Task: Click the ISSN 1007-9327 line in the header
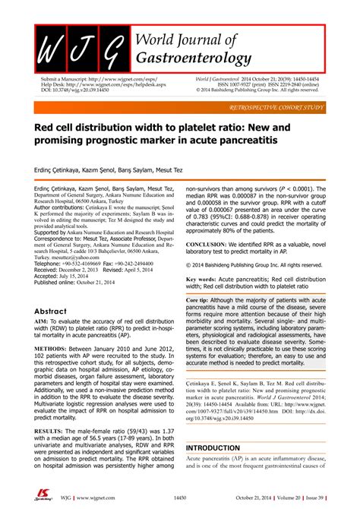point(262,84)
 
